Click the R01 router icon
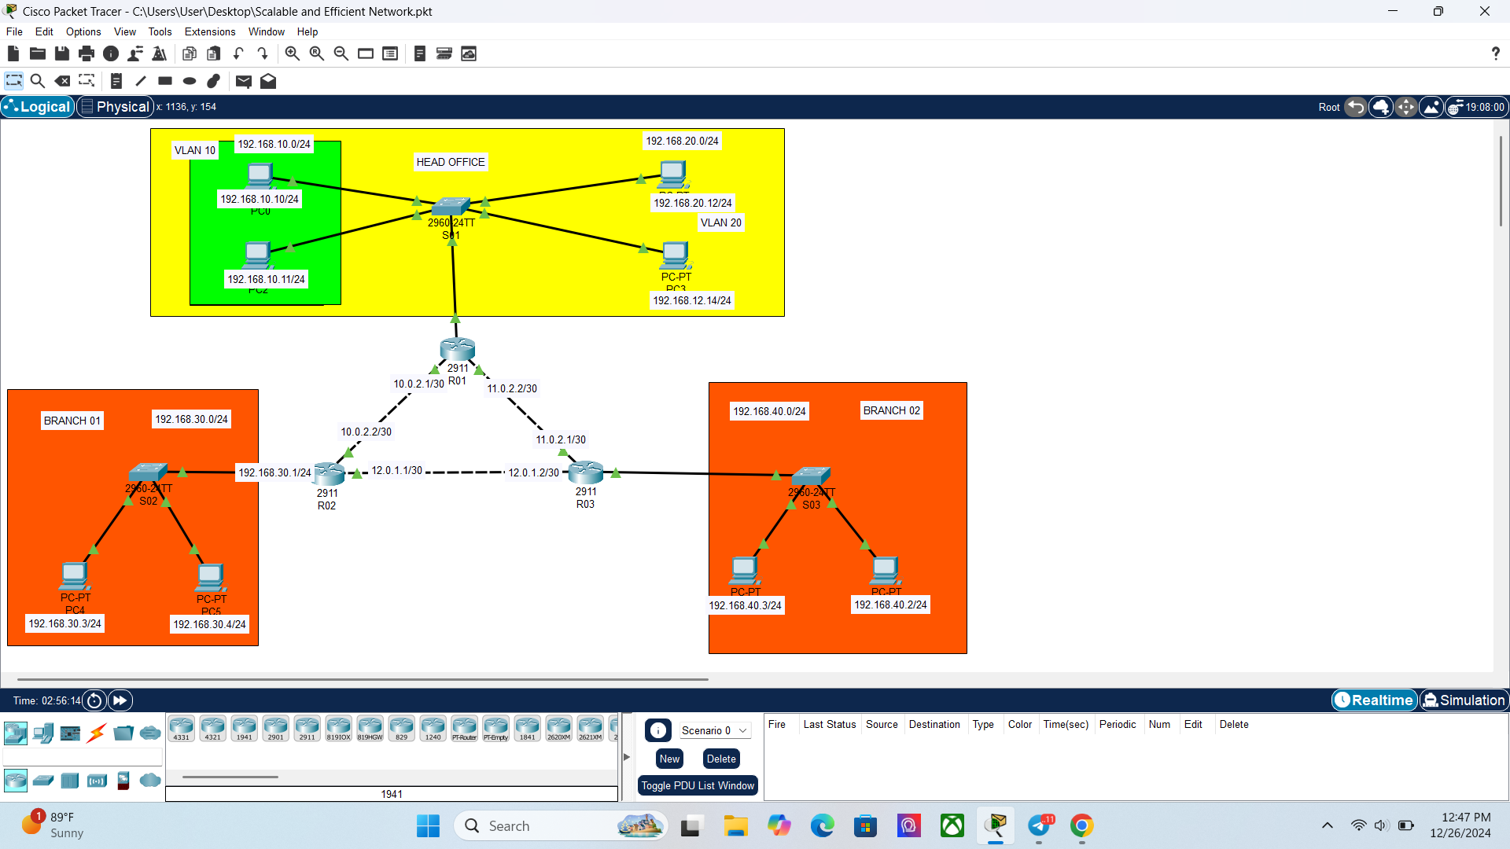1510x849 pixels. (458, 348)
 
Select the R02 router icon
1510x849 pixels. (329, 473)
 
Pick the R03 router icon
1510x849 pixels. (586, 472)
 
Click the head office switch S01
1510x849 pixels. (451, 206)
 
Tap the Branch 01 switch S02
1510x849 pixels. (148, 472)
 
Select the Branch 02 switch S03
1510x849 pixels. (811, 476)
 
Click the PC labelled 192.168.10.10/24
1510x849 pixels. (260, 175)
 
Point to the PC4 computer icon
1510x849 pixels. (75, 576)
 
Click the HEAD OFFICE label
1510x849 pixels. (451, 162)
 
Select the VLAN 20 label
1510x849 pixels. (720, 222)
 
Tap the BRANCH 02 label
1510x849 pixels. (891, 410)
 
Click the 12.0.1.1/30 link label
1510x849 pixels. (396, 470)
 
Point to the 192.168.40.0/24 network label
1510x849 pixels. (769, 411)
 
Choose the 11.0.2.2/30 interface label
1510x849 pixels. (512, 388)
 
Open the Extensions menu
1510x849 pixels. (209, 31)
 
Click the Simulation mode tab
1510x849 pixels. (1464, 700)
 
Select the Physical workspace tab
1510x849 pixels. (115, 107)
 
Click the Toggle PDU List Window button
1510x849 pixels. (698, 785)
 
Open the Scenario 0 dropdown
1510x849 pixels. (713, 730)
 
